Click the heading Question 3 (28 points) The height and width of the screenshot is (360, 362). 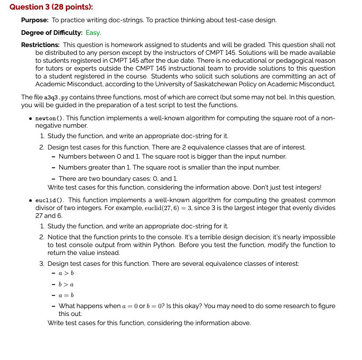tap(51, 7)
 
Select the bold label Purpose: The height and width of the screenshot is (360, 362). tap(35, 20)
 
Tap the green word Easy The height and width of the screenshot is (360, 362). tap(93, 33)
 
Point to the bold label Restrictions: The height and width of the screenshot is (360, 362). tap(41, 45)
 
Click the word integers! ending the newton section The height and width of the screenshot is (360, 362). tap(308, 187)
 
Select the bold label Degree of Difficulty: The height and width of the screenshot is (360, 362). tap(52, 33)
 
